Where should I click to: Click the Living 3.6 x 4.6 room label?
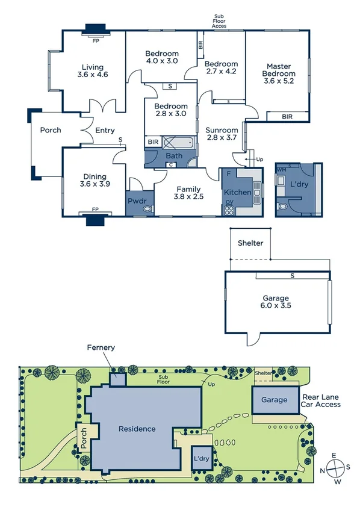(93, 71)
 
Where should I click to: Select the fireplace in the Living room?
(95, 30)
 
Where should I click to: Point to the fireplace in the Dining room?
(95, 218)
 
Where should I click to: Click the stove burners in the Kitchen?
(229, 210)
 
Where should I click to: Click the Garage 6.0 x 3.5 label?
(276, 302)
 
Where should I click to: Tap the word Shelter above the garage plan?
(250, 243)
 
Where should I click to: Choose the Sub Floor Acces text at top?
(219, 22)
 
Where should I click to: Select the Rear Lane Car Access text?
(321, 400)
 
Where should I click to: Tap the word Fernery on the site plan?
(101, 347)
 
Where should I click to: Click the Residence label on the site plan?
(137, 429)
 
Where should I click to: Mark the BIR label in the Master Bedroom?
(286, 117)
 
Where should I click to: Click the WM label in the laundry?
(282, 170)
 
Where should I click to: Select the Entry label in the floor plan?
(105, 130)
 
